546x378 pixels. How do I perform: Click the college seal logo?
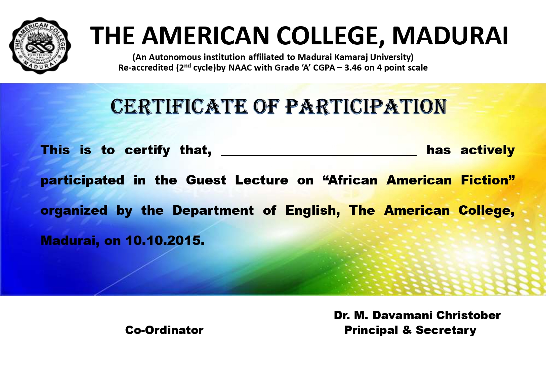[40, 46]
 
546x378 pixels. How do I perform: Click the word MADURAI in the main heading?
[450, 36]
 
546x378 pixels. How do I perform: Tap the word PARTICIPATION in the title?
[366, 107]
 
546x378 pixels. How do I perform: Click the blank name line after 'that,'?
[319, 155]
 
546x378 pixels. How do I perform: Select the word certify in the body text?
[147, 150]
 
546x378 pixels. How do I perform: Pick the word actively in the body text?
[488, 150]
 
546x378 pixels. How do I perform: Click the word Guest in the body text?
[206, 180]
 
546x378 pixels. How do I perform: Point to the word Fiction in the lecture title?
[488, 180]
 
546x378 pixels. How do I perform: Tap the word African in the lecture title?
[350, 180]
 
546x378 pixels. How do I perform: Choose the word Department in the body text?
[213, 211]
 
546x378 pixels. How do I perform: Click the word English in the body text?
[312, 211]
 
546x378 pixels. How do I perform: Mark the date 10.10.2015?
[165, 241]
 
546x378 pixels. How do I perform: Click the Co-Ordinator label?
[164, 330]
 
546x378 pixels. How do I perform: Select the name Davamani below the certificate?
[403, 316]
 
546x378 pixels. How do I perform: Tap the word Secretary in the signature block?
[446, 331]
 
